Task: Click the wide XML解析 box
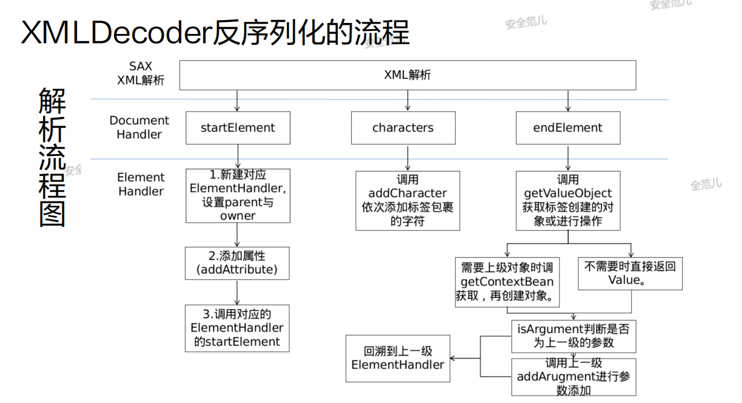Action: [x=407, y=75]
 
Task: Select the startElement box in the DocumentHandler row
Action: [x=238, y=128]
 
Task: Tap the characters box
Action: [x=403, y=128]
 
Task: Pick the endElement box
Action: [x=568, y=128]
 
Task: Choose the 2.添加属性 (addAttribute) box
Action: [x=237, y=263]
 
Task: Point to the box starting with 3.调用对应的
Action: [x=237, y=328]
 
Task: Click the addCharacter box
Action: [x=407, y=200]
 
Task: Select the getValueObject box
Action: [x=568, y=200]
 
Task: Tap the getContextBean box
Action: [x=507, y=282]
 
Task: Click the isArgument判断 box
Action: [x=573, y=336]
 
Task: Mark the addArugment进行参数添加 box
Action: [x=573, y=377]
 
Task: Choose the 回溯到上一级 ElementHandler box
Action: [x=398, y=358]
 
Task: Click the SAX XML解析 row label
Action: [x=141, y=73]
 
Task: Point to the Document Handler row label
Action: [x=139, y=127]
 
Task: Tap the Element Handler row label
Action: [x=141, y=184]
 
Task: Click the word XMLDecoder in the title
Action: [x=115, y=33]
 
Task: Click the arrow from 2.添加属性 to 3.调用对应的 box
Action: [x=237, y=292]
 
